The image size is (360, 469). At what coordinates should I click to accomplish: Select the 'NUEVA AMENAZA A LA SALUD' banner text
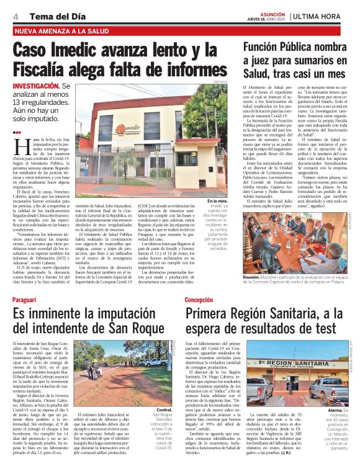point(59,30)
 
